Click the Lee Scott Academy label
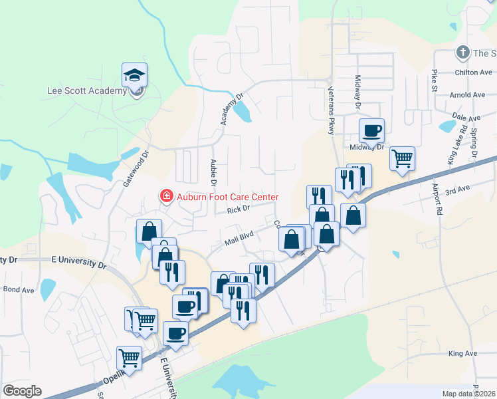click(87, 91)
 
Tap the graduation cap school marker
click(135, 75)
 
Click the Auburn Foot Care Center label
click(227, 197)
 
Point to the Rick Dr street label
click(237, 209)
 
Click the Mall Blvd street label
click(239, 233)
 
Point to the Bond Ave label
click(19, 289)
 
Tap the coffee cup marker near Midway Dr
click(372, 131)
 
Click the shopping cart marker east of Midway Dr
click(402, 159)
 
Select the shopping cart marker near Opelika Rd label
click(130, 358)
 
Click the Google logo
click(22, 391)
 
